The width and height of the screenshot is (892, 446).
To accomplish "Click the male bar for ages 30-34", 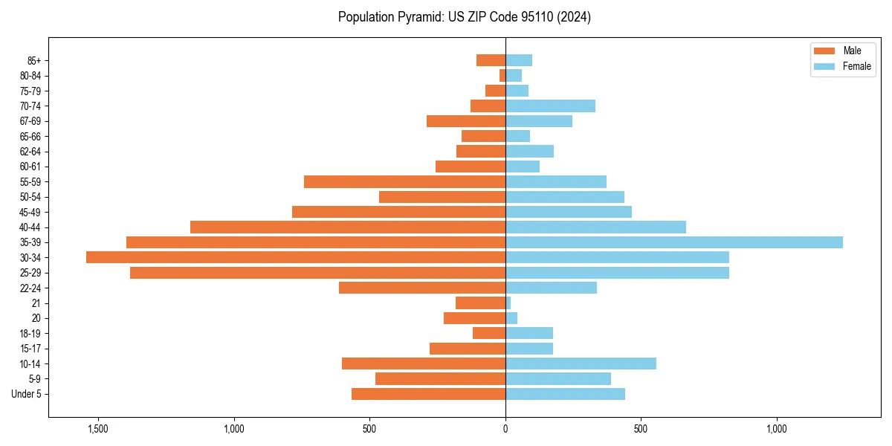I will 296,257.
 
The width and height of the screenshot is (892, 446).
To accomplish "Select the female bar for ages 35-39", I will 674,242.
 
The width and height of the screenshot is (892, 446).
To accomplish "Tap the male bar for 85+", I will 491,60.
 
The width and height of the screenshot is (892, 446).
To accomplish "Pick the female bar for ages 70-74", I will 550,106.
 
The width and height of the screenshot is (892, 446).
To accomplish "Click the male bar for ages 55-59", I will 404,181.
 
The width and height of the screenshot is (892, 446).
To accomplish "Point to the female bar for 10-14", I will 581,363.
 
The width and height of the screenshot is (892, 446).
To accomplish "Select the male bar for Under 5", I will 428,394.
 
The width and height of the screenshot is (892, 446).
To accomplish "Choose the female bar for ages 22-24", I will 551,288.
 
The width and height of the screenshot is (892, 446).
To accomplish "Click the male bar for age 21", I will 480,303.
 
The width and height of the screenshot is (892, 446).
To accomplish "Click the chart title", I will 464,17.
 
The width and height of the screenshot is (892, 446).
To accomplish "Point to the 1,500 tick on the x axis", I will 98,429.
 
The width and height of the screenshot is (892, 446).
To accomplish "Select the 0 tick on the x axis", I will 505,429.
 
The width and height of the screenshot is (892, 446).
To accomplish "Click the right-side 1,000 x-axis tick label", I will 777,429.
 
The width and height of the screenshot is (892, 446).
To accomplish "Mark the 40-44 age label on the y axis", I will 30,227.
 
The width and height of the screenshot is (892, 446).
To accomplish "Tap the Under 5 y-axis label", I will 27,394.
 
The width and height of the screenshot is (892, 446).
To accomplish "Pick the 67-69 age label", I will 30,121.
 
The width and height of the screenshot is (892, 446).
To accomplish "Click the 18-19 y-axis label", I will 30,333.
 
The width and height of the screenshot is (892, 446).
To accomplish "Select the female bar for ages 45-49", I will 569,212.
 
